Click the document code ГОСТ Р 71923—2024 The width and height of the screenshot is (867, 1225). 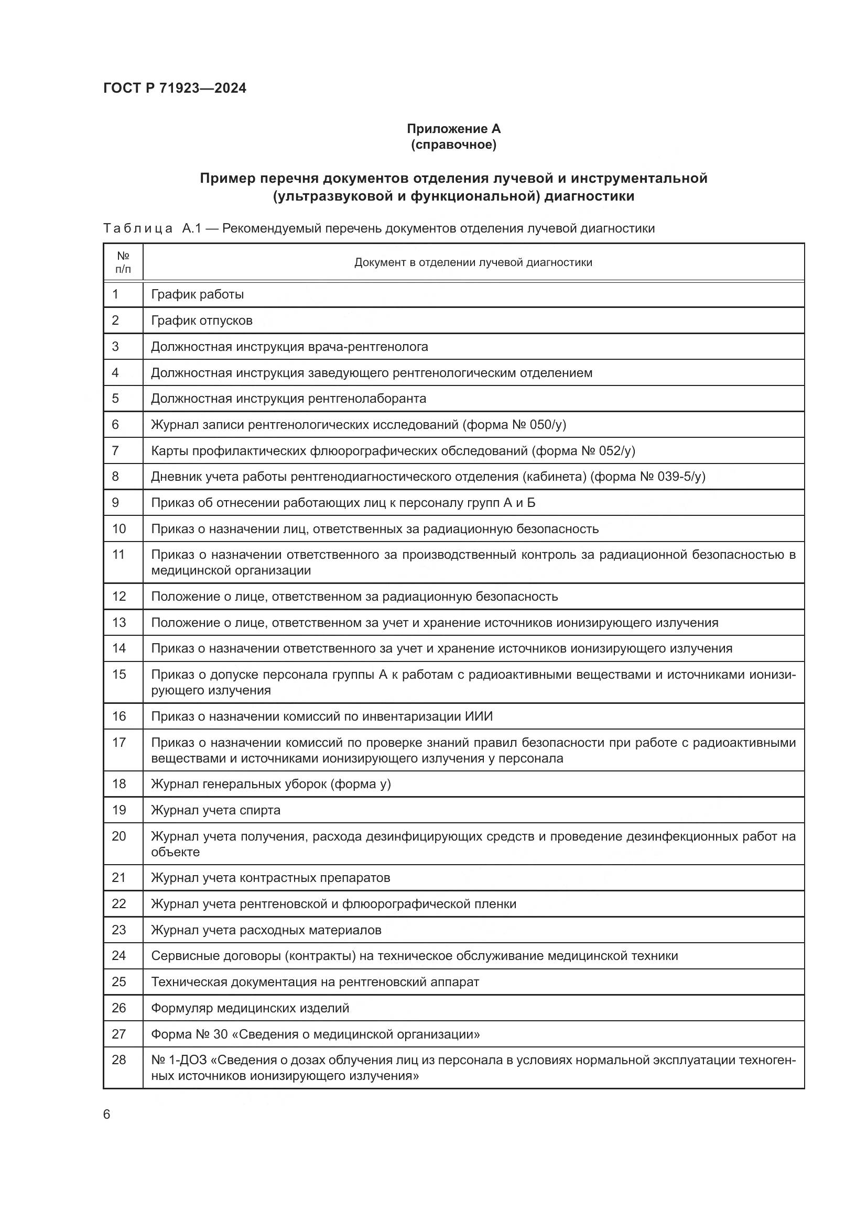tap(175, 89)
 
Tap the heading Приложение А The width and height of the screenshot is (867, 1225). tap(453, 129)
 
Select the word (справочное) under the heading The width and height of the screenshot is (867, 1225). tap(453, 145)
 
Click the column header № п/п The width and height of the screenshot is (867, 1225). tap(123, 262)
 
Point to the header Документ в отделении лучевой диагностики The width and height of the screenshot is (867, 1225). tap(473, 262)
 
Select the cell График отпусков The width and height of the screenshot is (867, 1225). tap(201, 321)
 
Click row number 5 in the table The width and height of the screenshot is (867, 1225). tap(115, 399)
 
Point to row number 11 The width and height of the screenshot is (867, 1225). tap(118, 555)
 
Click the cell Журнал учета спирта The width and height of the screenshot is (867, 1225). tap(215, 810)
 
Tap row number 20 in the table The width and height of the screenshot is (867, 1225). tap(118, 836)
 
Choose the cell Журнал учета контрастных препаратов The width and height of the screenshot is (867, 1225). tap(270, 878)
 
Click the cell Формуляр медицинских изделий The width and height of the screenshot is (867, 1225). tap(250, 1008)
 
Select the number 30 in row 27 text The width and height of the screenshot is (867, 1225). tap(221, 1034)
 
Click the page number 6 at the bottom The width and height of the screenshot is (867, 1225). tap(107, 1114)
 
